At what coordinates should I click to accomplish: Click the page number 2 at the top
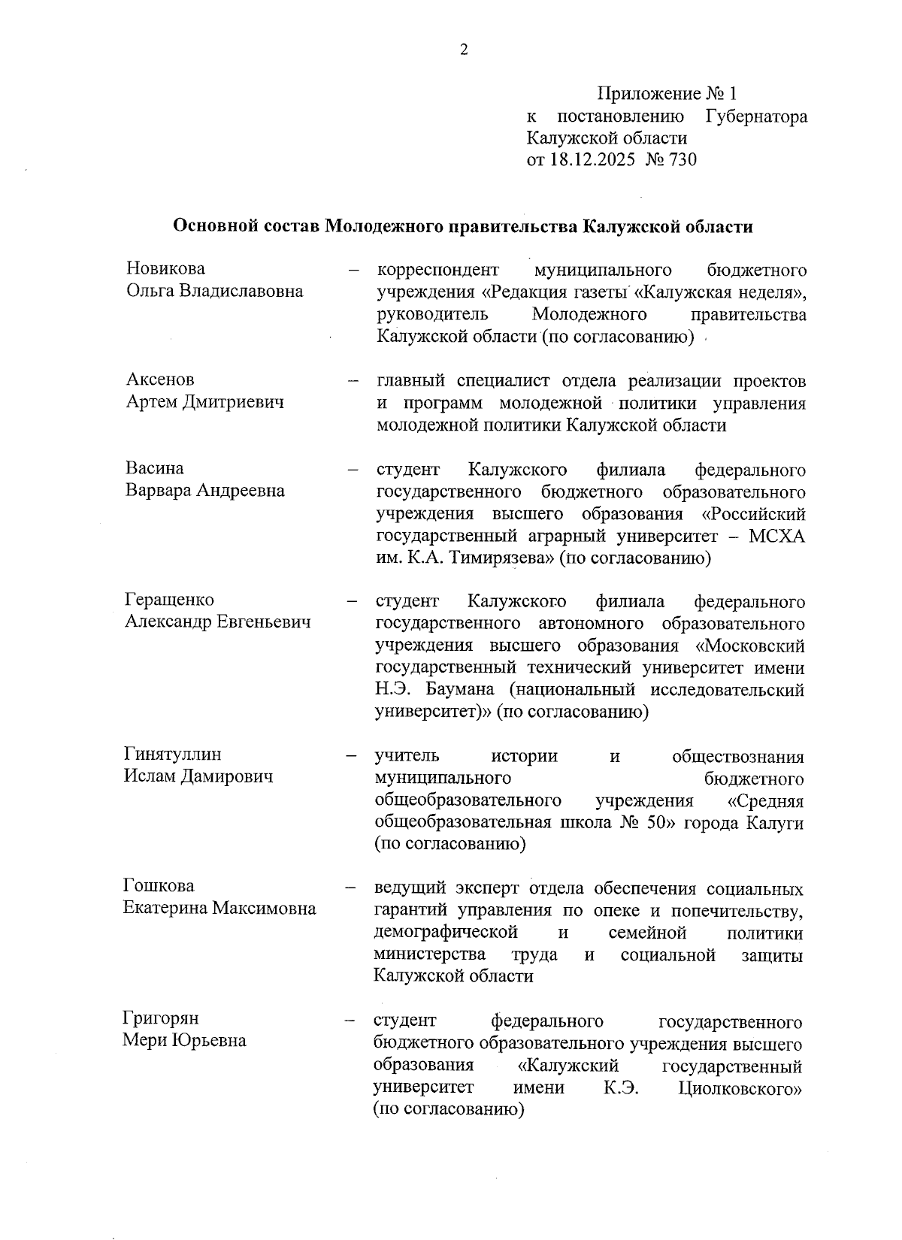(x=463, y=50)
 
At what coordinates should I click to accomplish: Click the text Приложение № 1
(x=667, y=94)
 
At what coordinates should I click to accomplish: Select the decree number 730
(x=683, y=160)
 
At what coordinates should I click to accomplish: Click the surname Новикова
(x=165, y=269)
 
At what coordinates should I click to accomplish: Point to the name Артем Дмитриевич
(x=204, y=402)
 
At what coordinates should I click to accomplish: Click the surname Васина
(x=154, y=468)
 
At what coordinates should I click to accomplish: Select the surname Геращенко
(x=169, y=600)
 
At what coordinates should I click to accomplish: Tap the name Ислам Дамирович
(x=198, y=776)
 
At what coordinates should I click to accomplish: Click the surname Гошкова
(x=159, y=886)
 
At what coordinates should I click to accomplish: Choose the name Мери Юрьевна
(x=185, y=1041)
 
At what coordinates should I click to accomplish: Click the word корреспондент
(x=437, y=270)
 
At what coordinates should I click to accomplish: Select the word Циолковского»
(x=740, y=1089)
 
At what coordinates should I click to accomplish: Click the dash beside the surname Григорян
(x=350, y=1021)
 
